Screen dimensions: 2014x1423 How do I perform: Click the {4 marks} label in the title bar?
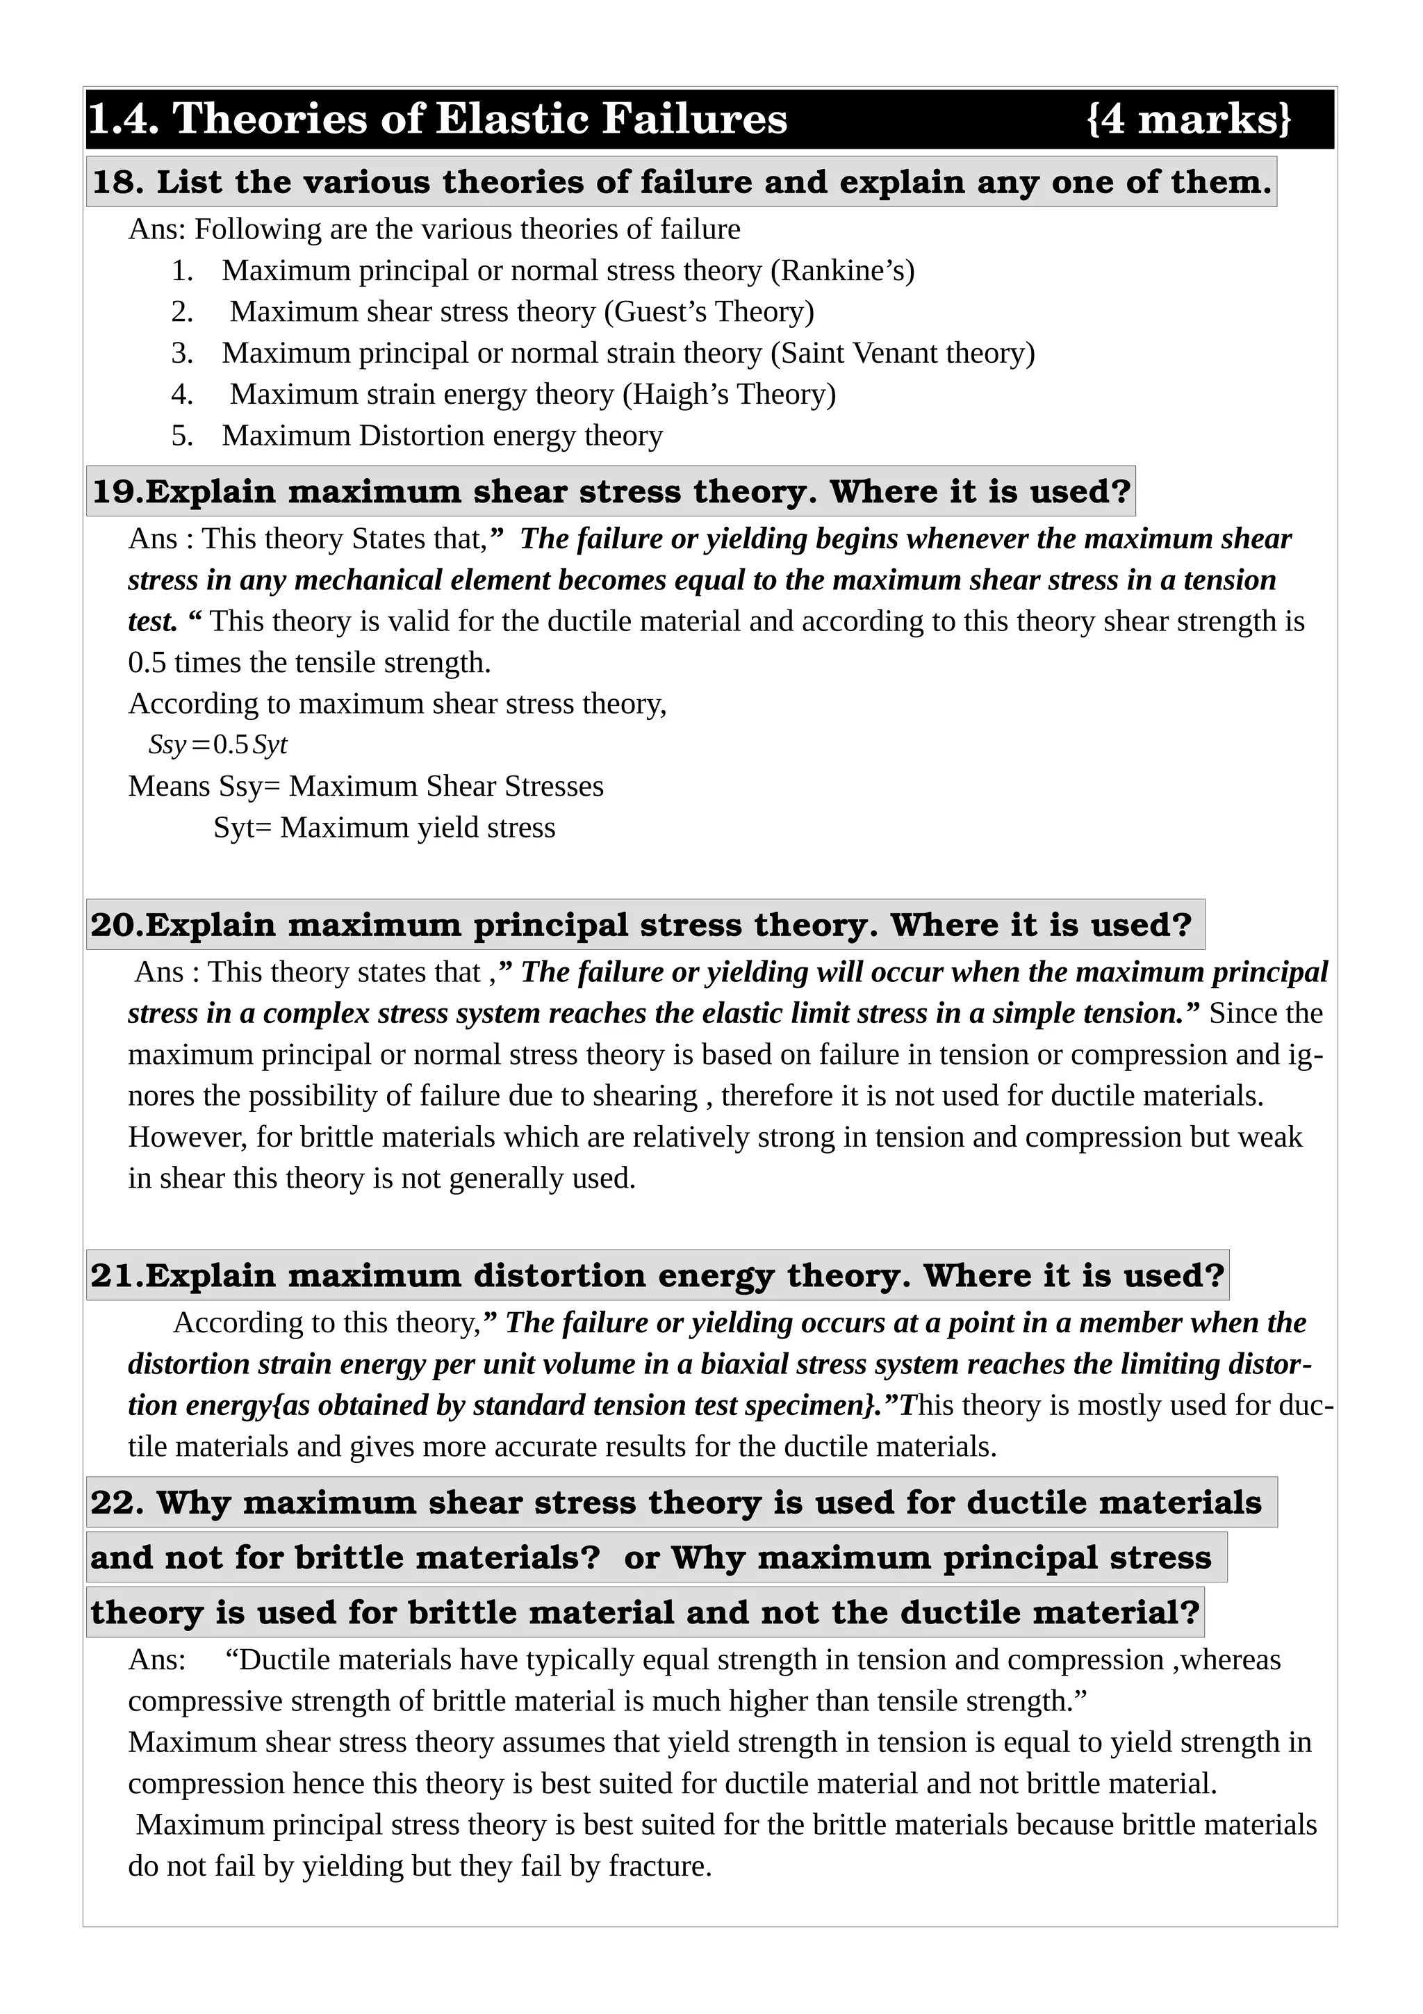pos(1188,118)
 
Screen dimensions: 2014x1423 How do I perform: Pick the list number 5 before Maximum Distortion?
pos(181,435)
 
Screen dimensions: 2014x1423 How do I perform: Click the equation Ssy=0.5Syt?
pos(217,745)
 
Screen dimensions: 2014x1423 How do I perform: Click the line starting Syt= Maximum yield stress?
pos(384,827)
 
